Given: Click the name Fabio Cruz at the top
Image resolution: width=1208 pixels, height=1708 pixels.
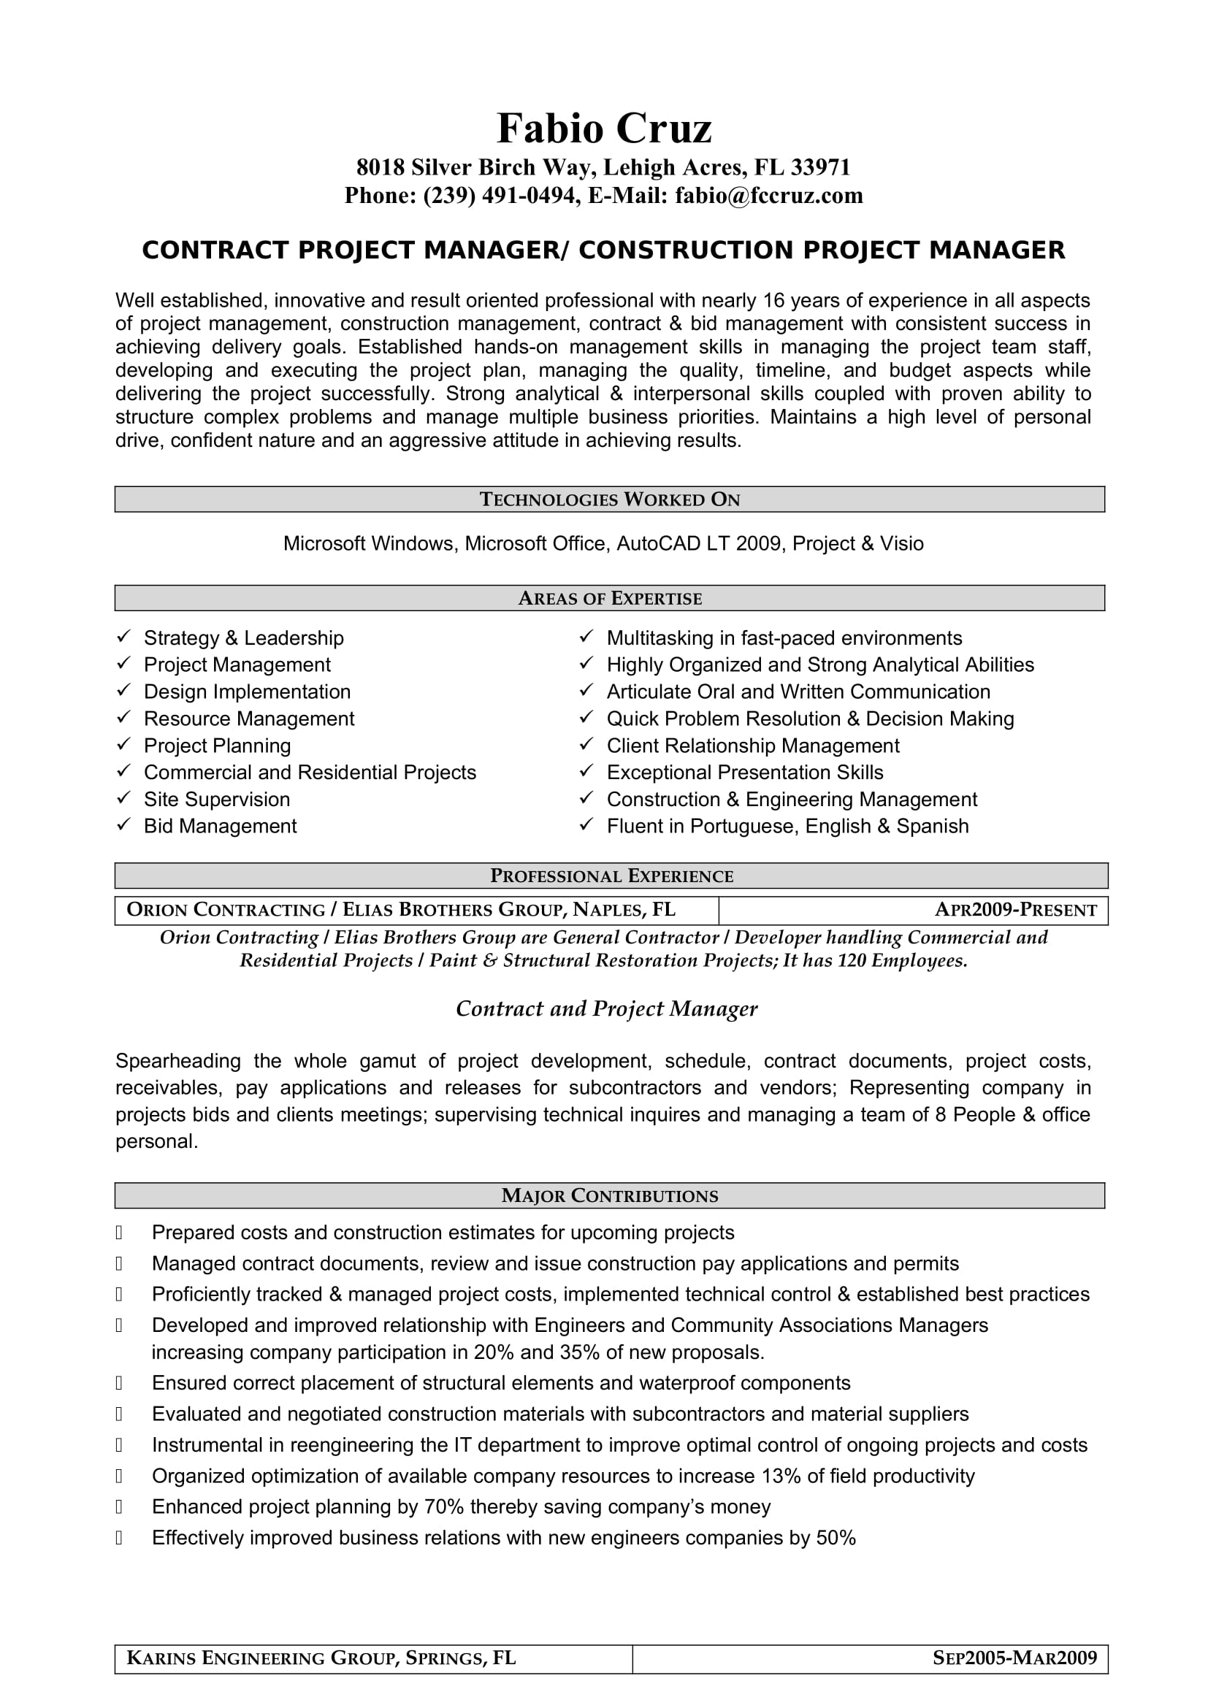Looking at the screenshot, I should click(x=603, y=129).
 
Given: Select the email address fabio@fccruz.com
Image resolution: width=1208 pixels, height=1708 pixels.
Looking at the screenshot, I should click(x=768, y=196).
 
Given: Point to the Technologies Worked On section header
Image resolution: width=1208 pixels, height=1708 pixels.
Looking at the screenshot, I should click(x=609, y=499).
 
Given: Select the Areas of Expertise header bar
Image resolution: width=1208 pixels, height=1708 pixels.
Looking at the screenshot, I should click(x=609, y=598).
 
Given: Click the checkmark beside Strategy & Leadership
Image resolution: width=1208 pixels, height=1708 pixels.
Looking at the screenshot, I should click(x=124, y=637).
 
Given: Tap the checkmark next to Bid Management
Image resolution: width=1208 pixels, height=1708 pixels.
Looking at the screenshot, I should click(x=124, y=825).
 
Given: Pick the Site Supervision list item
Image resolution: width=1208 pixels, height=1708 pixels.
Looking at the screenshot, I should click(x=216, y=800).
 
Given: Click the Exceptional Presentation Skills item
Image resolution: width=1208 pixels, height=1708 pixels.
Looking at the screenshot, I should click(x=744, y=773).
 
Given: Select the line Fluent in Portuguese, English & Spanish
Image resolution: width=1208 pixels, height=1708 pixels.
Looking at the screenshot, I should click(x=787, y=827).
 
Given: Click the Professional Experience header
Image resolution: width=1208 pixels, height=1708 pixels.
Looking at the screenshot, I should click(x=611, y=876).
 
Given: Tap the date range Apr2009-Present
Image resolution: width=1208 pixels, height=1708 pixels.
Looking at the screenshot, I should click(x=1015, y=910).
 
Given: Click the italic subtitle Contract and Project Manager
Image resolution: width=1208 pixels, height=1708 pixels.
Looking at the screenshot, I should click(x=606, y=1008).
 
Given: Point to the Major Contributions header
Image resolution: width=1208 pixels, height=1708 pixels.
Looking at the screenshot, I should click(x=609, y=1195).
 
